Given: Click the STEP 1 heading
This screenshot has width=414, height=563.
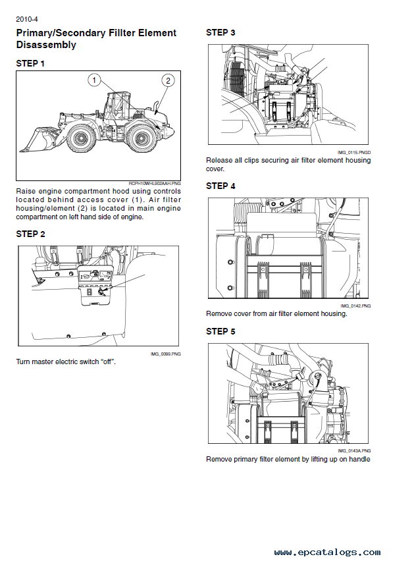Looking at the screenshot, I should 30,64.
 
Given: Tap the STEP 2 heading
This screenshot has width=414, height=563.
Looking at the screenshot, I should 30,234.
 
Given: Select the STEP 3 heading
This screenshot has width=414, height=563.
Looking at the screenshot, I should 220,32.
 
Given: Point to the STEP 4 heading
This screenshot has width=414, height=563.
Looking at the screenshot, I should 220,186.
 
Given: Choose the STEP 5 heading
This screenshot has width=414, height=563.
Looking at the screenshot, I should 220,331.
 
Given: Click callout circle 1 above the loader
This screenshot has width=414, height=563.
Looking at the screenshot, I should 94,80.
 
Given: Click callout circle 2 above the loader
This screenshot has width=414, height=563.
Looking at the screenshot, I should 168,80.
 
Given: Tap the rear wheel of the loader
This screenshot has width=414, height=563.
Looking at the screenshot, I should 140,138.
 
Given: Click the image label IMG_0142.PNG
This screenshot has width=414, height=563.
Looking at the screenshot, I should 355,306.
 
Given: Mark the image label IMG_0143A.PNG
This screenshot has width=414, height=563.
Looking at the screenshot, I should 355,451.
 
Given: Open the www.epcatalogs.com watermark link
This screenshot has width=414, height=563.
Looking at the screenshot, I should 326,552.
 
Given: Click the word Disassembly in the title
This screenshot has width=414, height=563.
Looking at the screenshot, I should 45,45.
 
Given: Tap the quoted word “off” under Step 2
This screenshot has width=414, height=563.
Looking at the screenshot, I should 106,362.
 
